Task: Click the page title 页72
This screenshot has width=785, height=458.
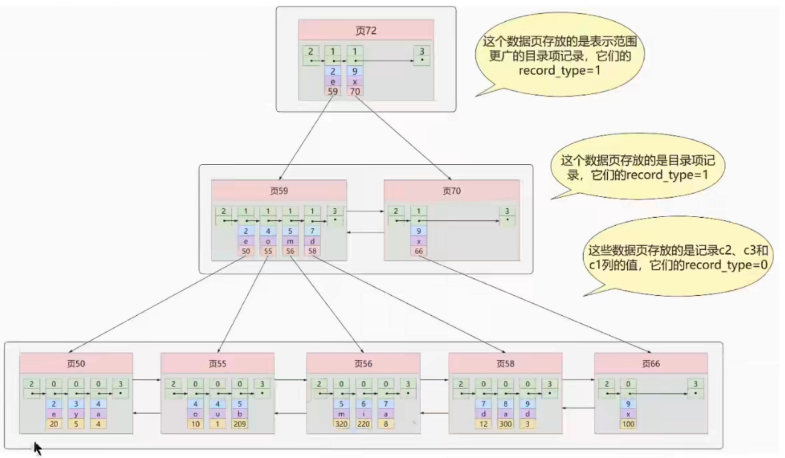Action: (x=366, y=30)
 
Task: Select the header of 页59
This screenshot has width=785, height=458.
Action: (x=279, y=191)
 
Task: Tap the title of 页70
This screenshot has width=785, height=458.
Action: (x=451, y=191)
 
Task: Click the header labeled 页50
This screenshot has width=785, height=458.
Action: (x=76, y=364)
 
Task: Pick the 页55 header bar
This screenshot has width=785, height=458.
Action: (x=217, y=364)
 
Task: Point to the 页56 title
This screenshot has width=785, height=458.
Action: (x=363, y=364)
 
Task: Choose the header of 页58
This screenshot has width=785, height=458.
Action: (x=505, y=364)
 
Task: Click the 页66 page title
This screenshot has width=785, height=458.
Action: (x=651, y=364)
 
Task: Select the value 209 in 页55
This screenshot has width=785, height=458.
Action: (x=239, y=424)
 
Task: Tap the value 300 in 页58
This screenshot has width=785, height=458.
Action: (x=506, y=424)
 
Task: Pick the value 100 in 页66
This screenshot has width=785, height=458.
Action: (x=628, y=424)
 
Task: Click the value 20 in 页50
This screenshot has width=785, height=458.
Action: (x=53, y=424)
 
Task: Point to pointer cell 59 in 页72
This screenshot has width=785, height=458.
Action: (x=333, y=91)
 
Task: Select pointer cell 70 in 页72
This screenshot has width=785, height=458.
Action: (x=355, y=91)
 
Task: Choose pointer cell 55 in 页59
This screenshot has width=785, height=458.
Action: (x=268, y=251)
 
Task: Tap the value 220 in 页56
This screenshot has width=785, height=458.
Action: (x=363, y=424)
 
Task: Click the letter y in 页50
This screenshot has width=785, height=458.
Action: (x=76, y=414)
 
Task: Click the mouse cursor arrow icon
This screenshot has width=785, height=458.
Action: (x=37, y=448)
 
